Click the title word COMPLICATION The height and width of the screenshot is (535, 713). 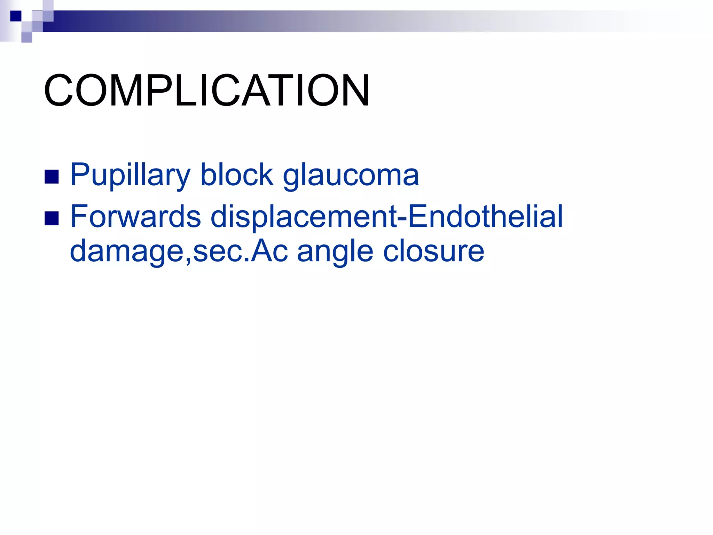[x=207, y=91]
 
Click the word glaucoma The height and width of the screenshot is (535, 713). [x=351, y=175]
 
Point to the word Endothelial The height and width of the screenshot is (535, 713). [x=485, y=216]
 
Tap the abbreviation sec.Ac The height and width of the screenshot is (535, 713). [x=240, y=251]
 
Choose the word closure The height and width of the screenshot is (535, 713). [x=434, y=251]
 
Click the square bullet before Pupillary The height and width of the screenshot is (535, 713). [x=52, y=177]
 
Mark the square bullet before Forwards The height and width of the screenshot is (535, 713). [x=52, y=218]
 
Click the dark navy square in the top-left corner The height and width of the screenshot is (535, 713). [x=16, y=16]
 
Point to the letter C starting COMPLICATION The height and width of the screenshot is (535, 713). [x=58, y=91]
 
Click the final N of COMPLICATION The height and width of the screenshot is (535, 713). [x=353, y=91]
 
